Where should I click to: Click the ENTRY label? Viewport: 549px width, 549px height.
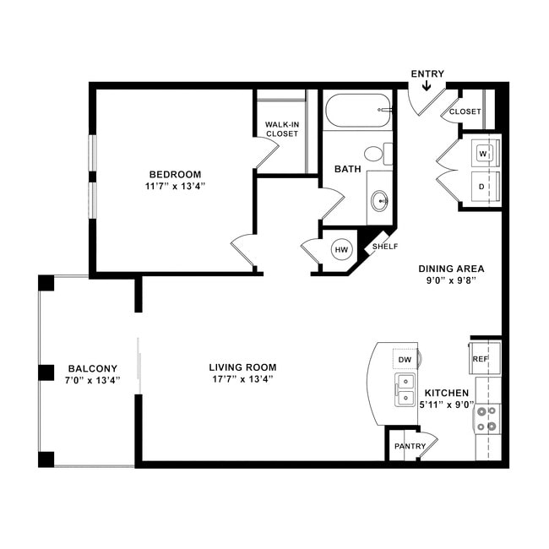click(427, 73)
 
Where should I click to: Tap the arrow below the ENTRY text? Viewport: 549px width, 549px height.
click(427, 85)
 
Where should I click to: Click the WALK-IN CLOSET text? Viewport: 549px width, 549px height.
click(282, 129)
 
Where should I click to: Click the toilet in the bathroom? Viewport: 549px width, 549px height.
click(376, 154)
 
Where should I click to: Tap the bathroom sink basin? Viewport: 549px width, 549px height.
click(379, 201)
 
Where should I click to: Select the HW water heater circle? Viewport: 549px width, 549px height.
click(342, 250)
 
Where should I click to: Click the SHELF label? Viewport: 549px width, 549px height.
click(385, 247)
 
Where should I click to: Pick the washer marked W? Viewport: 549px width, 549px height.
click(484, 154)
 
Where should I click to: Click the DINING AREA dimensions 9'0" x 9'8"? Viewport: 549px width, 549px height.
click(452, 281)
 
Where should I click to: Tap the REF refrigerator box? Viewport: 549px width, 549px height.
click(481, 358)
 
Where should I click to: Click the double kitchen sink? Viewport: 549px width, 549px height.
click(405, 390)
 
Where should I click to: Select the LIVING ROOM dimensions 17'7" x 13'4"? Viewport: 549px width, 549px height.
click(242, 379)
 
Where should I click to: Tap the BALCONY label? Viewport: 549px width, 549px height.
click(92, 368)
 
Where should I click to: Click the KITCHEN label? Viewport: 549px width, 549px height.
click(446, 394)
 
